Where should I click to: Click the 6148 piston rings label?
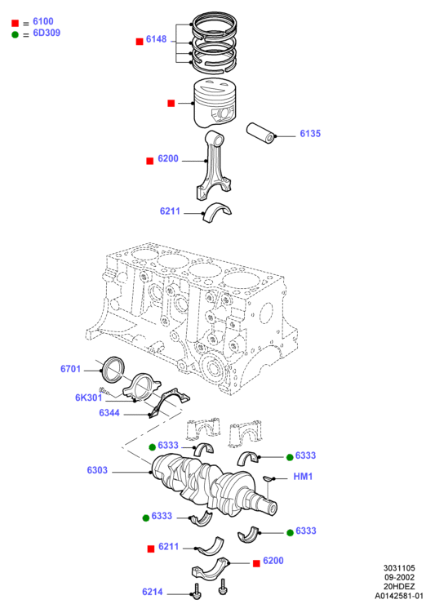156,39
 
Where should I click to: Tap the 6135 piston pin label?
310,134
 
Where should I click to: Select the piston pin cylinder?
261,134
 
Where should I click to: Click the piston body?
215,103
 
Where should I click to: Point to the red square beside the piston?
171,103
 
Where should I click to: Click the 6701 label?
70,369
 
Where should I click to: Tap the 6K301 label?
88,398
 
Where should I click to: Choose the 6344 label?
109,413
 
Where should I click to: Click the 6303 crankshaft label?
97,470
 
